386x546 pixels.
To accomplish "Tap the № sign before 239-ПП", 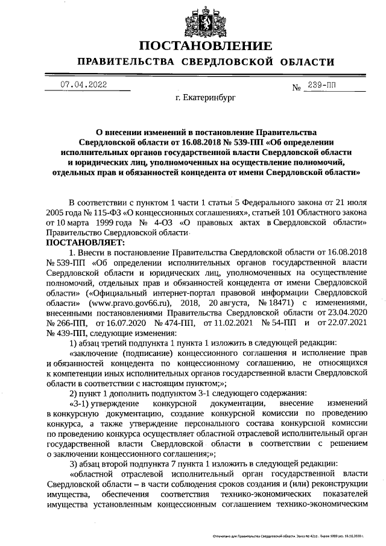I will click(x=297, y=88).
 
